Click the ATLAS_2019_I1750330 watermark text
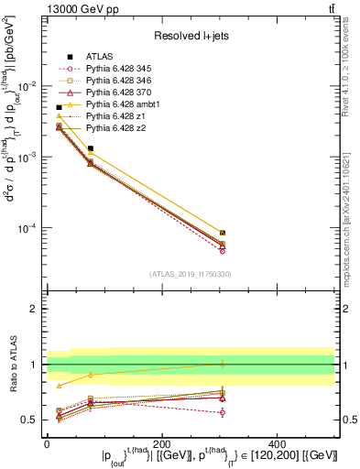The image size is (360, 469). (190, 272)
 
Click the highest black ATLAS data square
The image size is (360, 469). (60, 107)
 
